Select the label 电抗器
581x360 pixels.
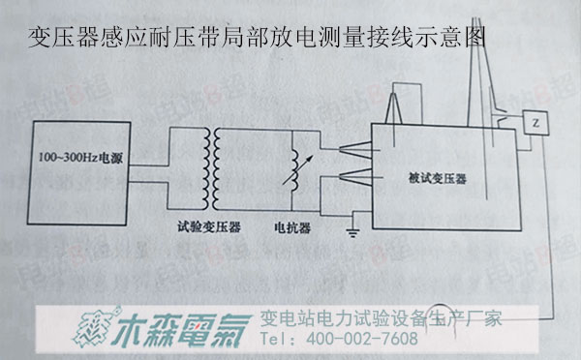[x=294, y=227]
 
